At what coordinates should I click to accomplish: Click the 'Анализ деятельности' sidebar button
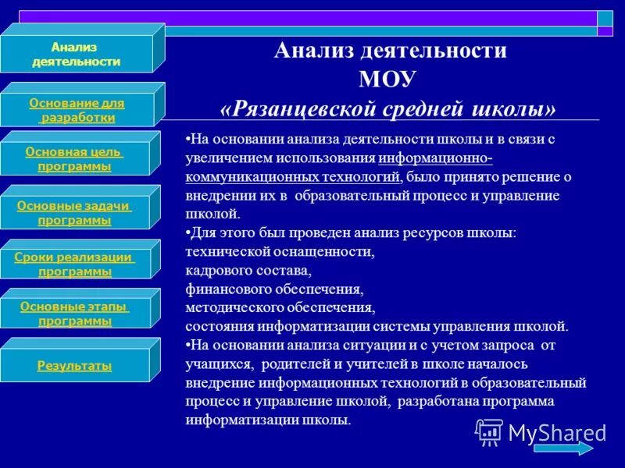pos(76,55)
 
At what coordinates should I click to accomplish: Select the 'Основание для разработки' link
pos(76,110)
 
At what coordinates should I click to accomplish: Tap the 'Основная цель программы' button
pos(75,159)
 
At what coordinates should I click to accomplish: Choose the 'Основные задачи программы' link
pos(75,213)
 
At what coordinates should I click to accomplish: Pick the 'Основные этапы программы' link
pos(75,314)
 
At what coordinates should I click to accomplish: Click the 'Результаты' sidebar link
pos(75,366)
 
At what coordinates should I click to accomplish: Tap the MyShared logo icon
pos(490,431)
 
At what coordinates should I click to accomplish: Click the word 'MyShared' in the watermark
pos(556,432)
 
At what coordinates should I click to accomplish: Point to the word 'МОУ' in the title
pos(389,80)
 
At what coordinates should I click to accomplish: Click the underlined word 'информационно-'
pos(436,158)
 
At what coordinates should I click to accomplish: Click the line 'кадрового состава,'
pos(248,270)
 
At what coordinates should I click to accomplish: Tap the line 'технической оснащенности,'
pos(280,251)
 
